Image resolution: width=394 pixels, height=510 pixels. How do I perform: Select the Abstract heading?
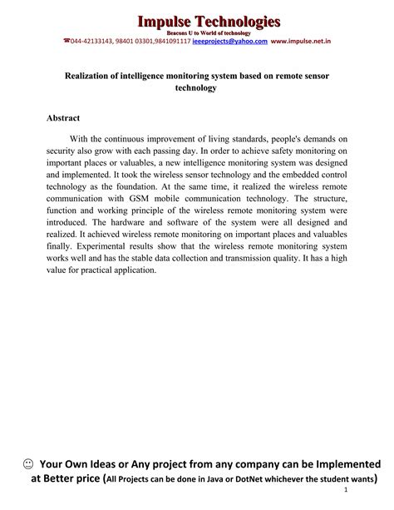(63, 118)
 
